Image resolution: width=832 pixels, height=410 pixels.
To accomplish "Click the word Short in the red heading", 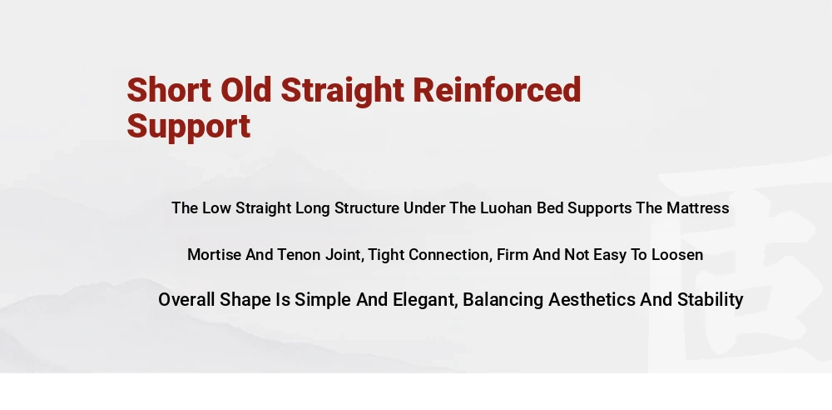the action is click(x=169, y=89).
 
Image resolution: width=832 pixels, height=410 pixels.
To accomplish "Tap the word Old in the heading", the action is click(x=245, y=89).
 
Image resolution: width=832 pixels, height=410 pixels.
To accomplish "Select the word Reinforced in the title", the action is click(x=498, y=89).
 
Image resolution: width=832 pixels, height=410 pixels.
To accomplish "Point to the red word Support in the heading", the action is click(x=189, y=127).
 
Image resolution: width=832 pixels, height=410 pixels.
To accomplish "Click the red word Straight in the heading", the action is click(x=342, y=90).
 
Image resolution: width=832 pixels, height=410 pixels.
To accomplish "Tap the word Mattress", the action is click(x=698, y=208).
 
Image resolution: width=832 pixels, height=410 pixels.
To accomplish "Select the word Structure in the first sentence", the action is click(x=367, y=208).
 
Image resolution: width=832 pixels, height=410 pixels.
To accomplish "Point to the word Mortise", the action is click(x=215, y=255).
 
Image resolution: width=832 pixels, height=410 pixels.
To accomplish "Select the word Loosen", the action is click(x=677, y=255).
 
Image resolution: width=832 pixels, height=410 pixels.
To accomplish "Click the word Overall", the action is click(x=186, y=299).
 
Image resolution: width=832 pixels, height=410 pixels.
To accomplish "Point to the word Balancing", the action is click(x=503, y=301).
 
